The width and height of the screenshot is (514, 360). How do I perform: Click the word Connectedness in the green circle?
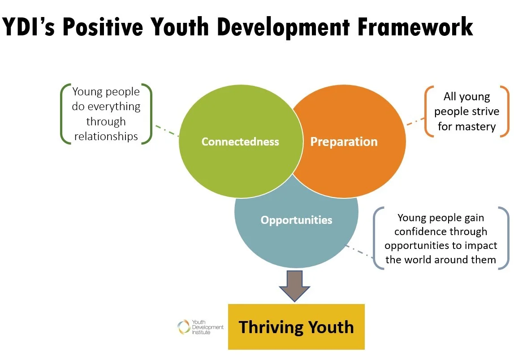tap(240, 142)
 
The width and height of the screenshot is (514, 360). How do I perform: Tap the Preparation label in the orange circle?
tap(344, 142)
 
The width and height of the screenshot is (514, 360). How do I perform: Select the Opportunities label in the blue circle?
tap(296, 220)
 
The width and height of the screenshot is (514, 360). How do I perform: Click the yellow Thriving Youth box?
tap(296, 327)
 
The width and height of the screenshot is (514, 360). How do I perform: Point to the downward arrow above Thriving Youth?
tap(294, 285)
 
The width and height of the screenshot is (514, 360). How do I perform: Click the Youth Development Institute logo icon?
tap(184, 327)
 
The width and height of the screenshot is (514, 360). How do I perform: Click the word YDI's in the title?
tap(29, 27)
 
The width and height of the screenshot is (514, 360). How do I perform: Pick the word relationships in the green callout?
tap(106, 137)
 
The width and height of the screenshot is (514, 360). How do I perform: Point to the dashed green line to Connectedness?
tap(167, 131)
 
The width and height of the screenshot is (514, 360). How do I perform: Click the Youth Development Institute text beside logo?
tap(207, 327)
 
